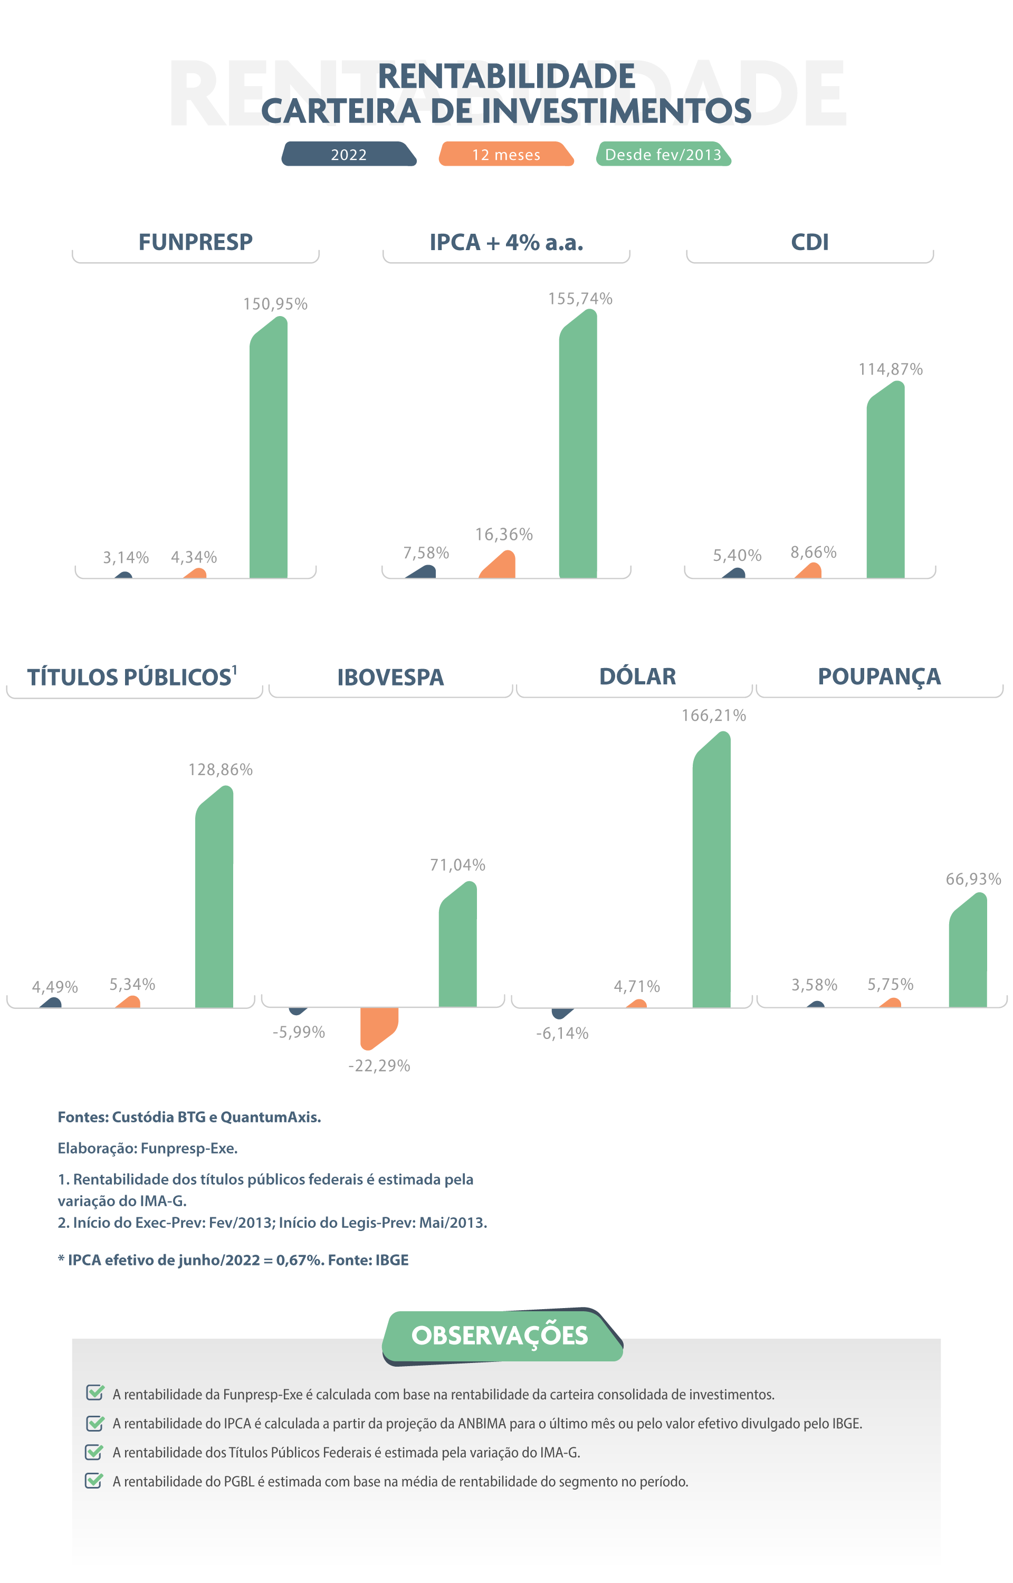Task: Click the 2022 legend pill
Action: [x=349, y=155]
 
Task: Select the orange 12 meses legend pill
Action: [x=506, y=155]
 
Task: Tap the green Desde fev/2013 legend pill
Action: [x=663, y=155]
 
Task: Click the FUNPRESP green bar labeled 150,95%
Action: [x=269, y=454]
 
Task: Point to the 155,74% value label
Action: [x=580, y=299]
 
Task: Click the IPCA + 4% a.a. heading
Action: [x=506, y=242]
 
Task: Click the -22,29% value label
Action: [x=379, y=1066]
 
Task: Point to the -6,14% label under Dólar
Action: [x=562, y=1033]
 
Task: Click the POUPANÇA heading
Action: [x=879, y=676]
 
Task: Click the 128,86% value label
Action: [x=221, y=770]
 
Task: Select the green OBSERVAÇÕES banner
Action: [x=500, y=1336]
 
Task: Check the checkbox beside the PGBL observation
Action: [x=94, y=1481]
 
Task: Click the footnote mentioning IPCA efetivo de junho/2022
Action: [x=234, y=1260]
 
